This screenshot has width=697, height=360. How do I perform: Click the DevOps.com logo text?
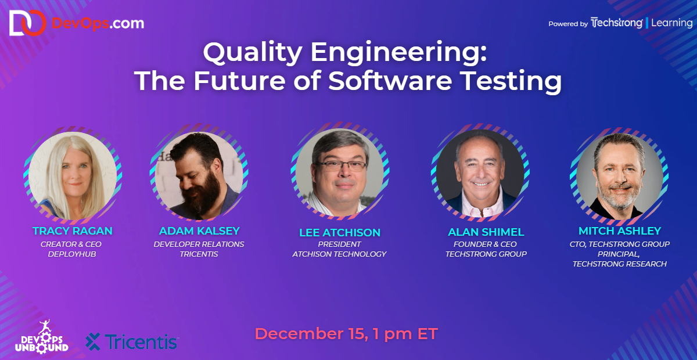[x=98, y=23]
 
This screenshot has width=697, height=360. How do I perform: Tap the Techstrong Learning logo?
[x=641, y=23]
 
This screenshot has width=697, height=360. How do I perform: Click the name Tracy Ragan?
[x=73, y=231]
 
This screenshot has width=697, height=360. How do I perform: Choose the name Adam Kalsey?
[x=199, y=231]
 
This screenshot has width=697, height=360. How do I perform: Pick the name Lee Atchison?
[x=340, y=233]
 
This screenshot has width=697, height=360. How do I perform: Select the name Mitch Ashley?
[x=619, y=231]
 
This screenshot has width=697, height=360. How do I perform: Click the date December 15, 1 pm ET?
[x=346, y=334]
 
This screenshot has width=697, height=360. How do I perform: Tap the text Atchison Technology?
[x=339, y=254]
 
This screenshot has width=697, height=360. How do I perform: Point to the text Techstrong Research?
[x=619, y=264]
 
